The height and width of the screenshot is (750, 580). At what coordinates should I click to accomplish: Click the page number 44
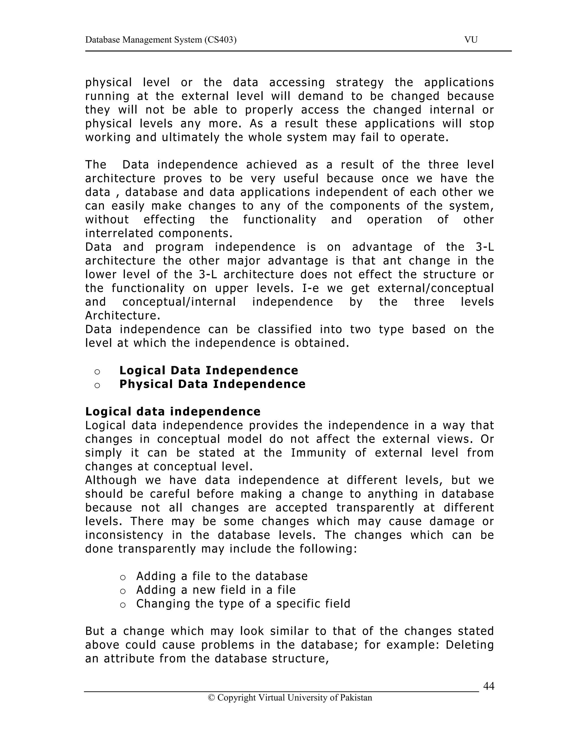click(x=488, y=686)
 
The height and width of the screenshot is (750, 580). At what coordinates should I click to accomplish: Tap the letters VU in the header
click(x=471, y=40)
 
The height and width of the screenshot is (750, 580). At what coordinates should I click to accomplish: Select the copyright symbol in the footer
click(x=211, y=697)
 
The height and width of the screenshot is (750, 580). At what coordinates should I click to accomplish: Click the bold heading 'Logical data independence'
click(x=173, y=412)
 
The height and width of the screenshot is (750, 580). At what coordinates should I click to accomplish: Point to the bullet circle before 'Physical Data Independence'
click(x=97, y=385)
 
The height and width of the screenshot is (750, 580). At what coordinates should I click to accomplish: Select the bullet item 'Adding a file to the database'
click(x=222, y=576)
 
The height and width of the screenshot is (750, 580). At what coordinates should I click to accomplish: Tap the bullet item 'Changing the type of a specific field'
click(x=243, y=603)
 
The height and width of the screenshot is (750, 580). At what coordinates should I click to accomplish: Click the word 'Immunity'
click(x=318, y=453)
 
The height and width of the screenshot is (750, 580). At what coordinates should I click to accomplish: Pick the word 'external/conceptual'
click(x=435, y=288)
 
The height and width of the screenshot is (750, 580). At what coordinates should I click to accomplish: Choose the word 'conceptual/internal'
click(x=179, y=302)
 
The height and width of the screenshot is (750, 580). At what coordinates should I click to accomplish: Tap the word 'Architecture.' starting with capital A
click(x=123, y=315)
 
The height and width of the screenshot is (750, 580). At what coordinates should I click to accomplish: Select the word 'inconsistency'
click(x=124, y=535)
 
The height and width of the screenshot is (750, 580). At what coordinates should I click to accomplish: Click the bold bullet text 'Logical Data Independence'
click(x=208, y=370)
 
